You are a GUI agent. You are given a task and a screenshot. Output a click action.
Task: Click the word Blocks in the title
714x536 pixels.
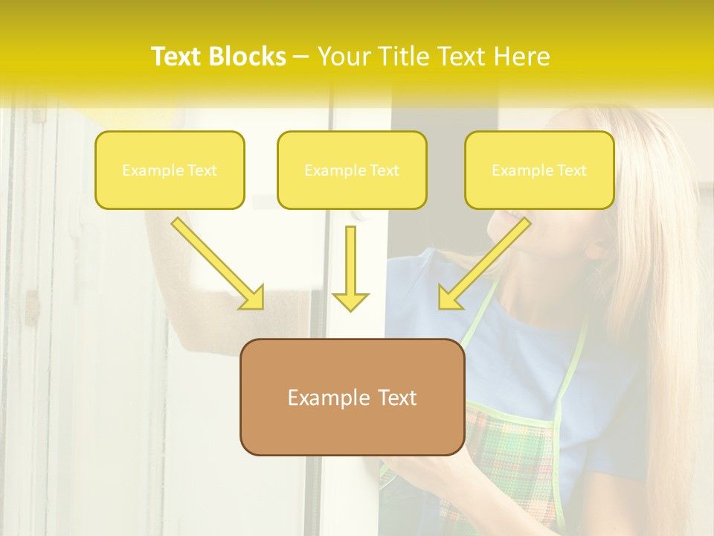248,57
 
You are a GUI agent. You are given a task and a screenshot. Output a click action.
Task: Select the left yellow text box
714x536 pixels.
170,170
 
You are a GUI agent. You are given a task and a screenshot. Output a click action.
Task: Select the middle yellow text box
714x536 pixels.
352,170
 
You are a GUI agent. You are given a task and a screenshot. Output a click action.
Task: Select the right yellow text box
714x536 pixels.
539,170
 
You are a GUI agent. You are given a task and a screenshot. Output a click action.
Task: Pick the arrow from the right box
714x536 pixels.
488,261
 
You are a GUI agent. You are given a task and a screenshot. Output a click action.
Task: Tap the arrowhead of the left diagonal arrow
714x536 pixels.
252,298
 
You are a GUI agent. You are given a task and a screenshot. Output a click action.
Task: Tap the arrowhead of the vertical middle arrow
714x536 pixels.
350,301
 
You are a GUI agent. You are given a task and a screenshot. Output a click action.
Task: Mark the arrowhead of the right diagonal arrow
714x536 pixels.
449,298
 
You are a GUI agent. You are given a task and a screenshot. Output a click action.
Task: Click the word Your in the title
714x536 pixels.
342,57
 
